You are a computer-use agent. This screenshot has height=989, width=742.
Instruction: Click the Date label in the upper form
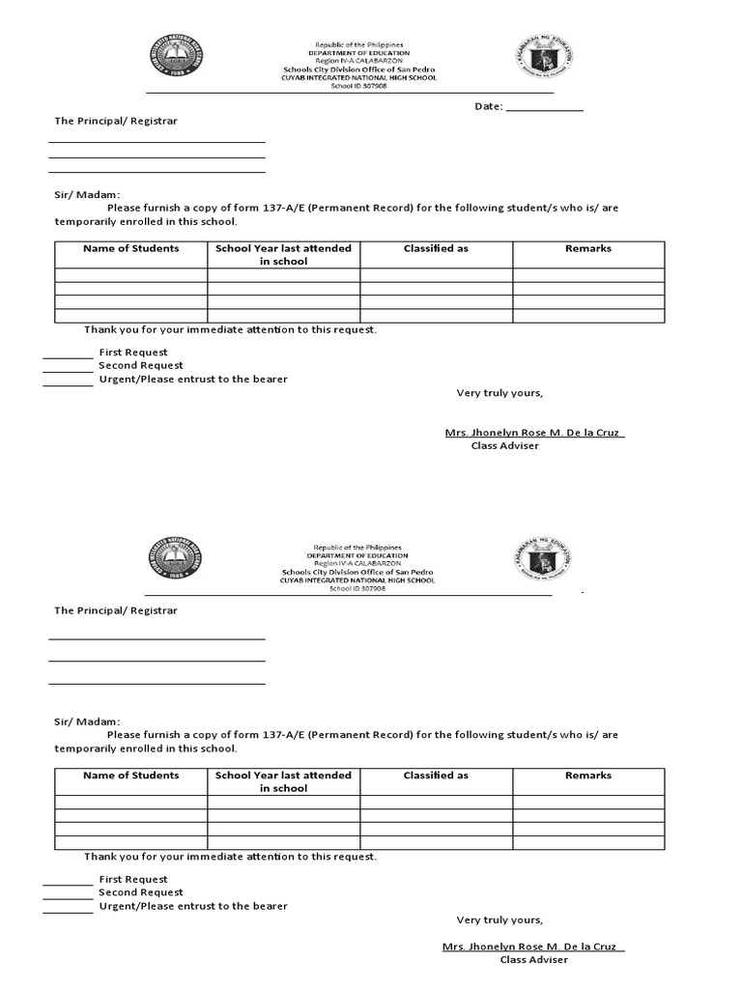point(488,106)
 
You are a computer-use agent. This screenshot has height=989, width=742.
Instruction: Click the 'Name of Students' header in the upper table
point(130,249)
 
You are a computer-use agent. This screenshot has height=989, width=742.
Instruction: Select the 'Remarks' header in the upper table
point(587,249)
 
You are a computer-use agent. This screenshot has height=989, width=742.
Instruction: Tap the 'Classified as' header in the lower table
point(436,776)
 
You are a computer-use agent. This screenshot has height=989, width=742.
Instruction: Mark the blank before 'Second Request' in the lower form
point(68,896)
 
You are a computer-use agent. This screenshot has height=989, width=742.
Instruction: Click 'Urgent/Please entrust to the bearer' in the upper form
point(192,380)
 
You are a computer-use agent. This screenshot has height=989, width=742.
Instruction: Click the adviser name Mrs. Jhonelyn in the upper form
point(534,433)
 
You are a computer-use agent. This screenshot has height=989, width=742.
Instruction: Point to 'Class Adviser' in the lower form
point(533,960)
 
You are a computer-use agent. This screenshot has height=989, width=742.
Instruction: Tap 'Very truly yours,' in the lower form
point(499,919)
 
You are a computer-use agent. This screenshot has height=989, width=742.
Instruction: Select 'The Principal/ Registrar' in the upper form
point(115,122)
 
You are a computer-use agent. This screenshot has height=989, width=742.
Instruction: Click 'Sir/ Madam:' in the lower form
point(87,721)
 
